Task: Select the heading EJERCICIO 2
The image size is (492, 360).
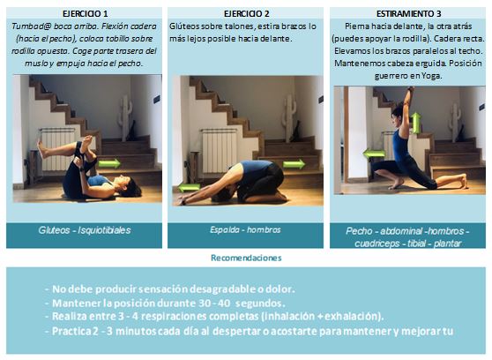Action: click(x=245, y=15)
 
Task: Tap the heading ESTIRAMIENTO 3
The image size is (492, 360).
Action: click(x=406, y=15)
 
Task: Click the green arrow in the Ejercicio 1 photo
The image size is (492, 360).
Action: click(x=109, y=162)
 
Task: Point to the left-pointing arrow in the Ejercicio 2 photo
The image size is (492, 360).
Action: click(x=189, y=187)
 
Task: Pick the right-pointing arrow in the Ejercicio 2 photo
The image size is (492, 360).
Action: click(x=294, y=164)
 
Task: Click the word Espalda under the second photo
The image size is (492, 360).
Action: click(x=226, y=229)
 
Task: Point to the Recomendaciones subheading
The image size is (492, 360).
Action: click(x=246, y=258)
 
